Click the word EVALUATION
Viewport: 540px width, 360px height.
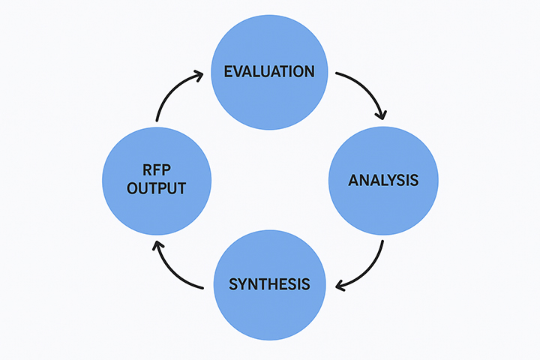coord(269,72)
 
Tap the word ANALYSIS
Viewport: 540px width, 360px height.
coord(383,181)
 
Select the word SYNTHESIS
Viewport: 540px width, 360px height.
coord(269,284)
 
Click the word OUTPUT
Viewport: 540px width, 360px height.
coord(156,188)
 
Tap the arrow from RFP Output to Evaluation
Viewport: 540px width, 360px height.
coord(171,90)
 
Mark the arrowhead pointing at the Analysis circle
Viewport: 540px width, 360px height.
coord(381,114)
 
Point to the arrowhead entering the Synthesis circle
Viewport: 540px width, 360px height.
coord(340,285)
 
